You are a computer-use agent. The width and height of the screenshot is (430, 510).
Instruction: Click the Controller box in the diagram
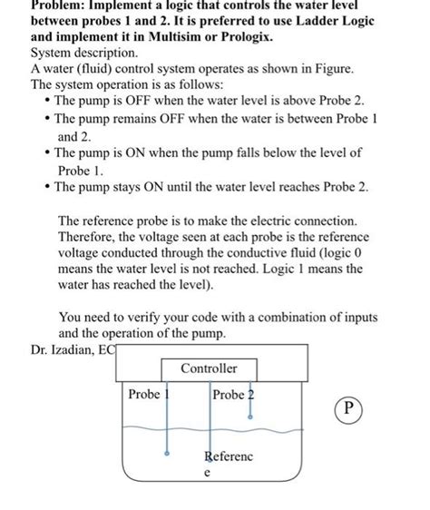click(209, 368)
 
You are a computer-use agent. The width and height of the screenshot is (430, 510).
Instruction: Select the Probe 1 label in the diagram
click(145, 394)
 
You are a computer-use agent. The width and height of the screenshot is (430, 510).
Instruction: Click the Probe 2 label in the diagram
click(233, 394)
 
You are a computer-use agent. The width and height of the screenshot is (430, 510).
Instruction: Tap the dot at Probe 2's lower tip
click(250, 416)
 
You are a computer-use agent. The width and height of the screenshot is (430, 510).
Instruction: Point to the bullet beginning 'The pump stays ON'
click(209, 187)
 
